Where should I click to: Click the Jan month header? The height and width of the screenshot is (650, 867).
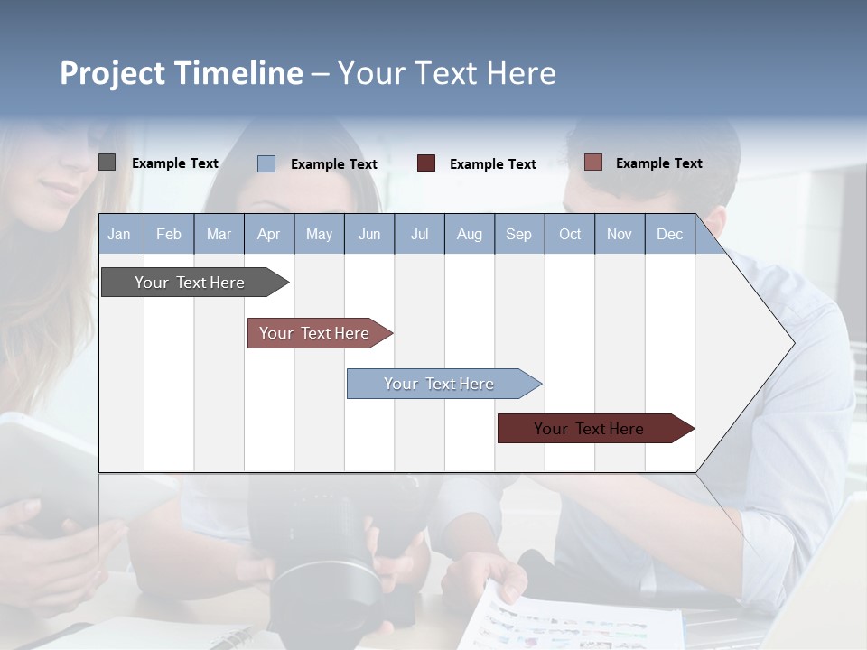[x=119, y=234]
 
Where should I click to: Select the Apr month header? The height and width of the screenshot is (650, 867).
[x=268, y=234]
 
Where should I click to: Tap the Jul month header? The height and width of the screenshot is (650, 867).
[x=419, y=234]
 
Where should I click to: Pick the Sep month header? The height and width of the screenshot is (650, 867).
[x=518, y=234]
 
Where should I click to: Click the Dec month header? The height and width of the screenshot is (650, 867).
[x=669, y=234]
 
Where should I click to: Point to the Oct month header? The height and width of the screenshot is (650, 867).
[x=570, y=234]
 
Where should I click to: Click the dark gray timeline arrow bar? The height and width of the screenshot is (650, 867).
[x=190, y=283]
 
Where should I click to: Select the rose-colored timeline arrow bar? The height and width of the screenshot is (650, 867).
[x=314, y=333]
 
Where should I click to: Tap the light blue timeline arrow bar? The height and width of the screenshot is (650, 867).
[x=439, y=384]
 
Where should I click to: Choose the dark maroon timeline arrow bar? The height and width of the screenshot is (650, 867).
[x=589, y=429]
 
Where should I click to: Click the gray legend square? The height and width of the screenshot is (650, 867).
[x=107, y=162]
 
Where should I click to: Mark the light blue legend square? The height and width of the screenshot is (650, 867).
[x=266, y=163]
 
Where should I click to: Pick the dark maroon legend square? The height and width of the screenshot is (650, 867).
[x=426, y=163]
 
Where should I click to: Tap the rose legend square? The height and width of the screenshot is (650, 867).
[x=593, y=162]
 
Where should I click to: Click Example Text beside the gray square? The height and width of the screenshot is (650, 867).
[x=175, y=163]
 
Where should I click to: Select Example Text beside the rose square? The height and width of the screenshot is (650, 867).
[x=659, y=163]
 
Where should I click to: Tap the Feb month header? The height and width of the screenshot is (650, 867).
[x=169, y=234]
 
